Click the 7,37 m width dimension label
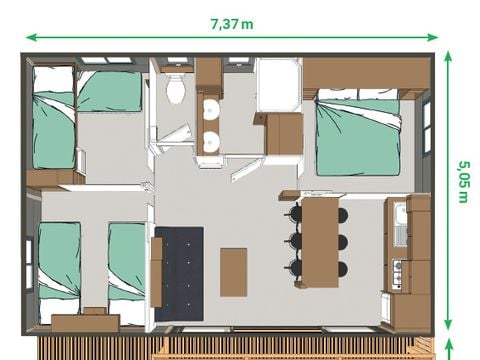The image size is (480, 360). coord(231,23)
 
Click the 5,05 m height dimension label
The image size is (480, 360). coord(463,181)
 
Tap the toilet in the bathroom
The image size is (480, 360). coord(177,89)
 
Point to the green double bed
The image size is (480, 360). coord(358,136)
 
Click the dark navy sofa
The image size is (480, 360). coord(179,273)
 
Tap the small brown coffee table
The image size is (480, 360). coord(234,271)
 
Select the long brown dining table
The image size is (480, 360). coord(319,240)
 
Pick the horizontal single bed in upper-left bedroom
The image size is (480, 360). coord(110,91)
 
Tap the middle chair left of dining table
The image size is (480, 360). coord(295,241)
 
